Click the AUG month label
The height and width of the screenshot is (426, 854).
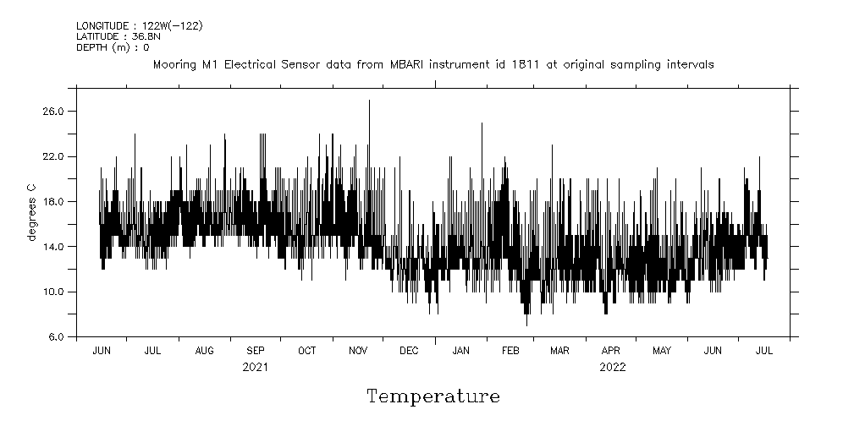(x=204, y=351)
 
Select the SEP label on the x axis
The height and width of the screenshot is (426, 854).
(x=256, y=351)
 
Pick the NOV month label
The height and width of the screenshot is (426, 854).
(x=358, y=351)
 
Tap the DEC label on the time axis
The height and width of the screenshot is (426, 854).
(x=409, y=351)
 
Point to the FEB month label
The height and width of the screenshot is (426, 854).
(x=510, y=351)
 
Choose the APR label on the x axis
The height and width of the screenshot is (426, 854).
(x=611, y=351)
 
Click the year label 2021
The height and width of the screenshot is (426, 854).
(x=256, y=367)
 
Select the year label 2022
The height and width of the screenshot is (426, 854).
(x=612, y=367)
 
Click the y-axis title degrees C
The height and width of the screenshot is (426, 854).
(x=31, y=212)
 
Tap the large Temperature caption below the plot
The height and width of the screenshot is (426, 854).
(x=433, y=396)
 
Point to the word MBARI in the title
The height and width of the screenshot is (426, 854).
(x=411, y=64)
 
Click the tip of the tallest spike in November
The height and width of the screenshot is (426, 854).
(x=369, y=101)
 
